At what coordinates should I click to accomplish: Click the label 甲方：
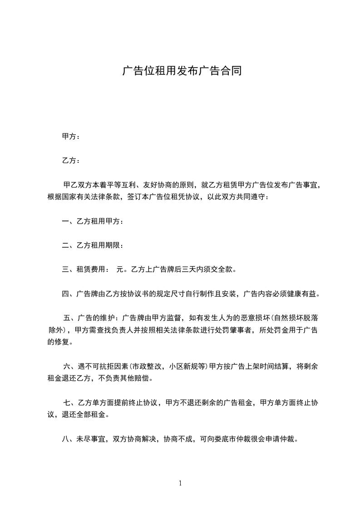pos(71,137)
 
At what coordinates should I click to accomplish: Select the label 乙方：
pos(71,161)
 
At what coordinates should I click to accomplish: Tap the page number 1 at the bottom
pos(180,483)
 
